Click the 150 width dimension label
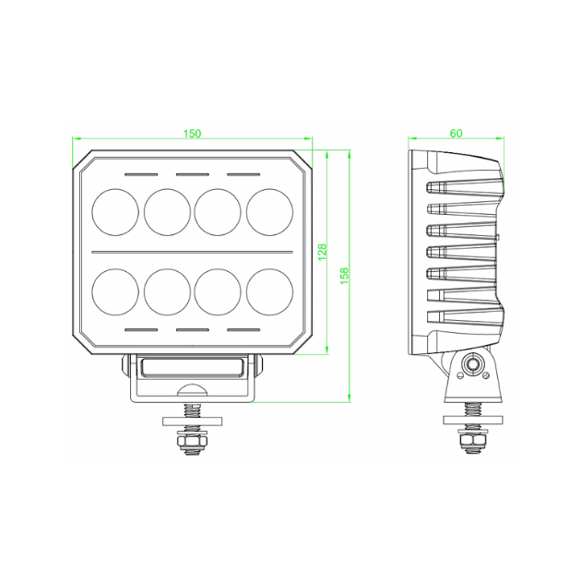pyautogui.click(x=192, y=134)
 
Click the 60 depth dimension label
pyautogui.click(x=456, y=134)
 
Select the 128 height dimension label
pyautogui.click(x=322, y=252)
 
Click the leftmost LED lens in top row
pyautogui.click(x=115, y=210)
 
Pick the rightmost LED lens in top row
pyautogui.click(x=269, y=210)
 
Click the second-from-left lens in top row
pyautogui.click(x=167, y=210)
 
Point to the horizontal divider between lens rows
pyautogui.click(x=192, y=251)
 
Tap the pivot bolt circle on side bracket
pyautogui.click(x=472, y=365)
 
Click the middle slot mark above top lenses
pyautogui.click(x=192, y=172)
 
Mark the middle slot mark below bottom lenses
pyautogui.click(x=192, y=328)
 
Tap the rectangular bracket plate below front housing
pyautogui.click(x=192, y=367)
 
